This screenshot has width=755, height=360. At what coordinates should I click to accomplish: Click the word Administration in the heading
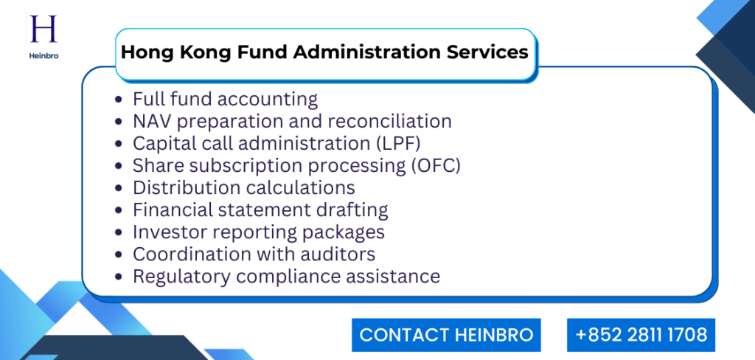click(x=372, y=52)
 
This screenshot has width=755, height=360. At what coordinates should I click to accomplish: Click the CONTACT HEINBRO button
click(x=446, y=335)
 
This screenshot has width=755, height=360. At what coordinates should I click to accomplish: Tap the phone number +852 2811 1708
click(x=641, y=335)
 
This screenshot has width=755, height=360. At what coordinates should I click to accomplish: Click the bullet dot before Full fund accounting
click(x=120, y=100)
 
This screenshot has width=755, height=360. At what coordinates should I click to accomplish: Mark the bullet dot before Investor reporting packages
click(x=120, y=233)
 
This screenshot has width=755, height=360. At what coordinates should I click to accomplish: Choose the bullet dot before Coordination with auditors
click(x=120, y=255)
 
